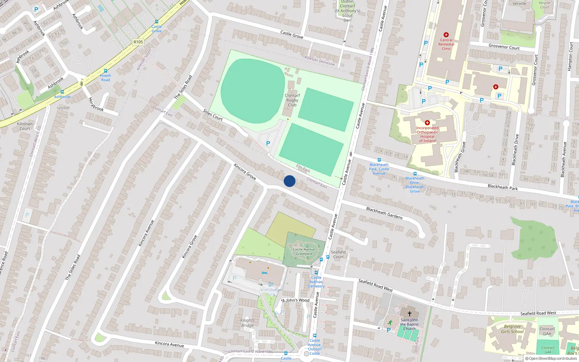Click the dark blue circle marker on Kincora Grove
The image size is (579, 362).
[289, 181]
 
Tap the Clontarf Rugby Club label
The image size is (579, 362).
[292, 100]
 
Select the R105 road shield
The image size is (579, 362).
[138, 42]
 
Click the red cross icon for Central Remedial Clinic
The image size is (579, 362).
[446, 35]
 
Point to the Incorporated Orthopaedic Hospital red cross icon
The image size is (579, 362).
[427, 123]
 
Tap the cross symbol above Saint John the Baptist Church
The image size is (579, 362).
[410, 314]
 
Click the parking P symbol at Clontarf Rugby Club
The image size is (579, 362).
[268, 143]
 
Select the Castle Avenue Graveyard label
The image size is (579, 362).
[304, 252]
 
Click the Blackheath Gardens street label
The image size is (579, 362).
[384, 213]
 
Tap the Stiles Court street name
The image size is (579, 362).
[213, 115]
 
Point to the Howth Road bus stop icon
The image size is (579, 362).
[106, 71]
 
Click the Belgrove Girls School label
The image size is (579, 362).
[512, 329]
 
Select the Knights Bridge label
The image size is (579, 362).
[248, 323]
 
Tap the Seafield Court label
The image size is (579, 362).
[338, 254]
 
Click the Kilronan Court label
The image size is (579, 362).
[25, 126]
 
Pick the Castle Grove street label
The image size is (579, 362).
[292, 35]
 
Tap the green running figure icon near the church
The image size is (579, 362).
[390, 322]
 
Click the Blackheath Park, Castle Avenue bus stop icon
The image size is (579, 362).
[379, 160]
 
